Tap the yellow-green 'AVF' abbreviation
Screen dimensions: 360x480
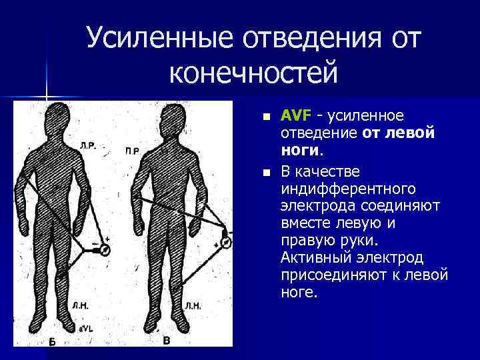(x=295, y=116)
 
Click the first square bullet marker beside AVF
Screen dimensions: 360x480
(x=267, y=117)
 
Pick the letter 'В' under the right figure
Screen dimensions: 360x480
(x=167, y=341)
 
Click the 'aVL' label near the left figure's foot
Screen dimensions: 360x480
(x=85, y=329)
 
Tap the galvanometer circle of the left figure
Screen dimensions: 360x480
(x=104, y=250)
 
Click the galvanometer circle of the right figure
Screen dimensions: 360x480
(x=225, y=241)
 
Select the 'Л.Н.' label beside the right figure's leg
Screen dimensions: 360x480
(x=193, y=306)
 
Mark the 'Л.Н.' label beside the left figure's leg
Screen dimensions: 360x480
(x=81, y=307)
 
